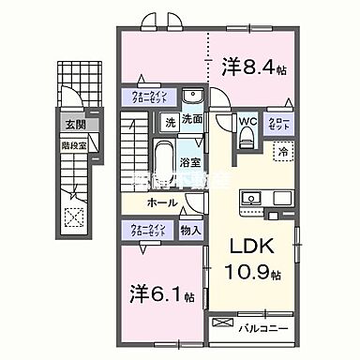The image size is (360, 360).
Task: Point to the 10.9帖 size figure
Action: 250,275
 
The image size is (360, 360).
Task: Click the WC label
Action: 247,120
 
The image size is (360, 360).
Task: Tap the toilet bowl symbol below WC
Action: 247,137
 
